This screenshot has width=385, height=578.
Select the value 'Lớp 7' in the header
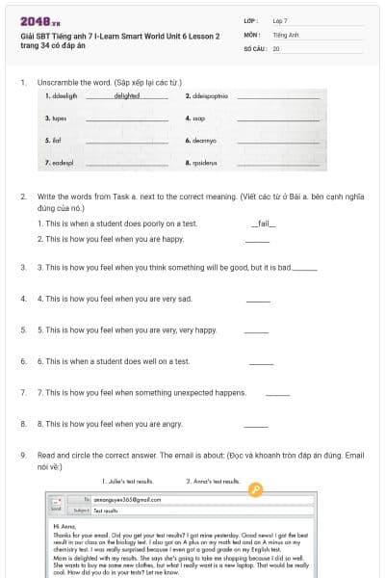[x=281, y=20]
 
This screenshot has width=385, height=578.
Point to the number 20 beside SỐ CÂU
[x=276, y=47]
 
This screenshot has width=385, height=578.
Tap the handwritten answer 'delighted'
[x=127, y=95]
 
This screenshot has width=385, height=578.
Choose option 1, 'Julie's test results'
[x=127, y=480]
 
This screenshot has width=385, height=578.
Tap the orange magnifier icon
[x=255, y=489]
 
